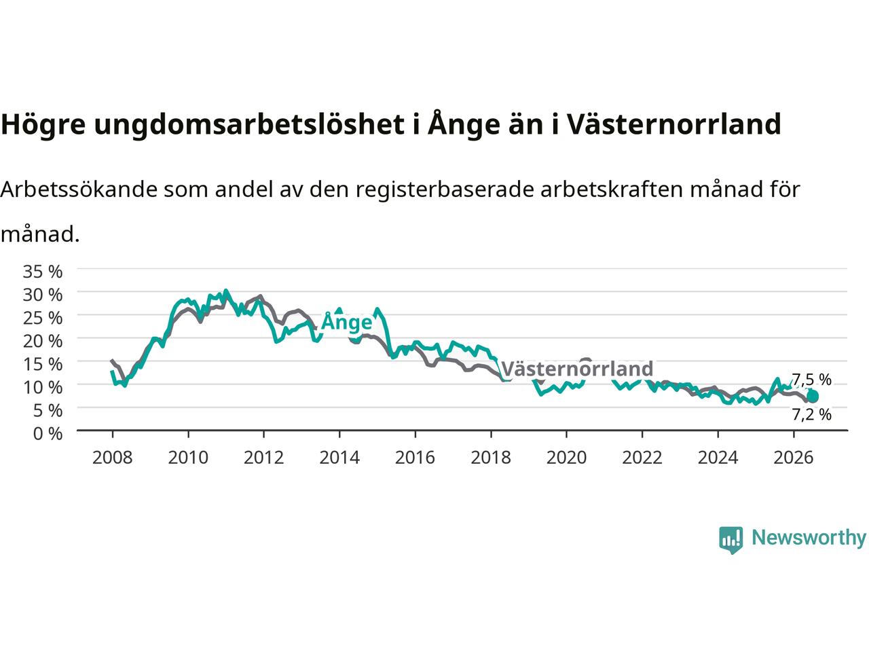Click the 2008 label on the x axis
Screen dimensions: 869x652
pyautogui.click(x=112, y=458)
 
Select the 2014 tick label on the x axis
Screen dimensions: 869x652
pyautogui.click(x=339, y=458)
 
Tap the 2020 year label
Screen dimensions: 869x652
pyautogui.click(x=566, y=458)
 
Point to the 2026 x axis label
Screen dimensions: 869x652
pyautogui.click(x=794, y=458)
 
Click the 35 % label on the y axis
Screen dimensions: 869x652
pyautogui.click(x=43, y=272)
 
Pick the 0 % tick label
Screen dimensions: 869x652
pyautogui.click(x=48, y=434)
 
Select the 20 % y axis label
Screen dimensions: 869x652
pyautogui.click(x=43, y=341)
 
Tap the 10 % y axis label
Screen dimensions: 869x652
pyautogui.click(x=43, y=387)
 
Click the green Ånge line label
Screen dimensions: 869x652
pyautogui.click(x=347, y=321)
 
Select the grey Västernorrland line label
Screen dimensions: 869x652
pyautogui.click(x=577, y=369)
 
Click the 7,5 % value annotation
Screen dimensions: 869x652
pyautogui.click(x=811, y=380)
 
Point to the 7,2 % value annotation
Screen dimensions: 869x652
pyautogui.click(x=811, y=414)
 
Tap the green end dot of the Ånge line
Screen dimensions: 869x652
pyautogui.click(x=813, y=396)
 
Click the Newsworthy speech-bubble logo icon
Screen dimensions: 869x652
pyautogui.click(x=731, y=540)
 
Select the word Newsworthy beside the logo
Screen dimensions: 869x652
pyautogui.click(x=809, y=538)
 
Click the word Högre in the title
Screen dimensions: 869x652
pyautogui.click(x=43, y=124)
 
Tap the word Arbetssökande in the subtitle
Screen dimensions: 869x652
pyautogui.click(x=79, y=189)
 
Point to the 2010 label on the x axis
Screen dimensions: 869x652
pyautogui.click(x=188, y=458)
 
